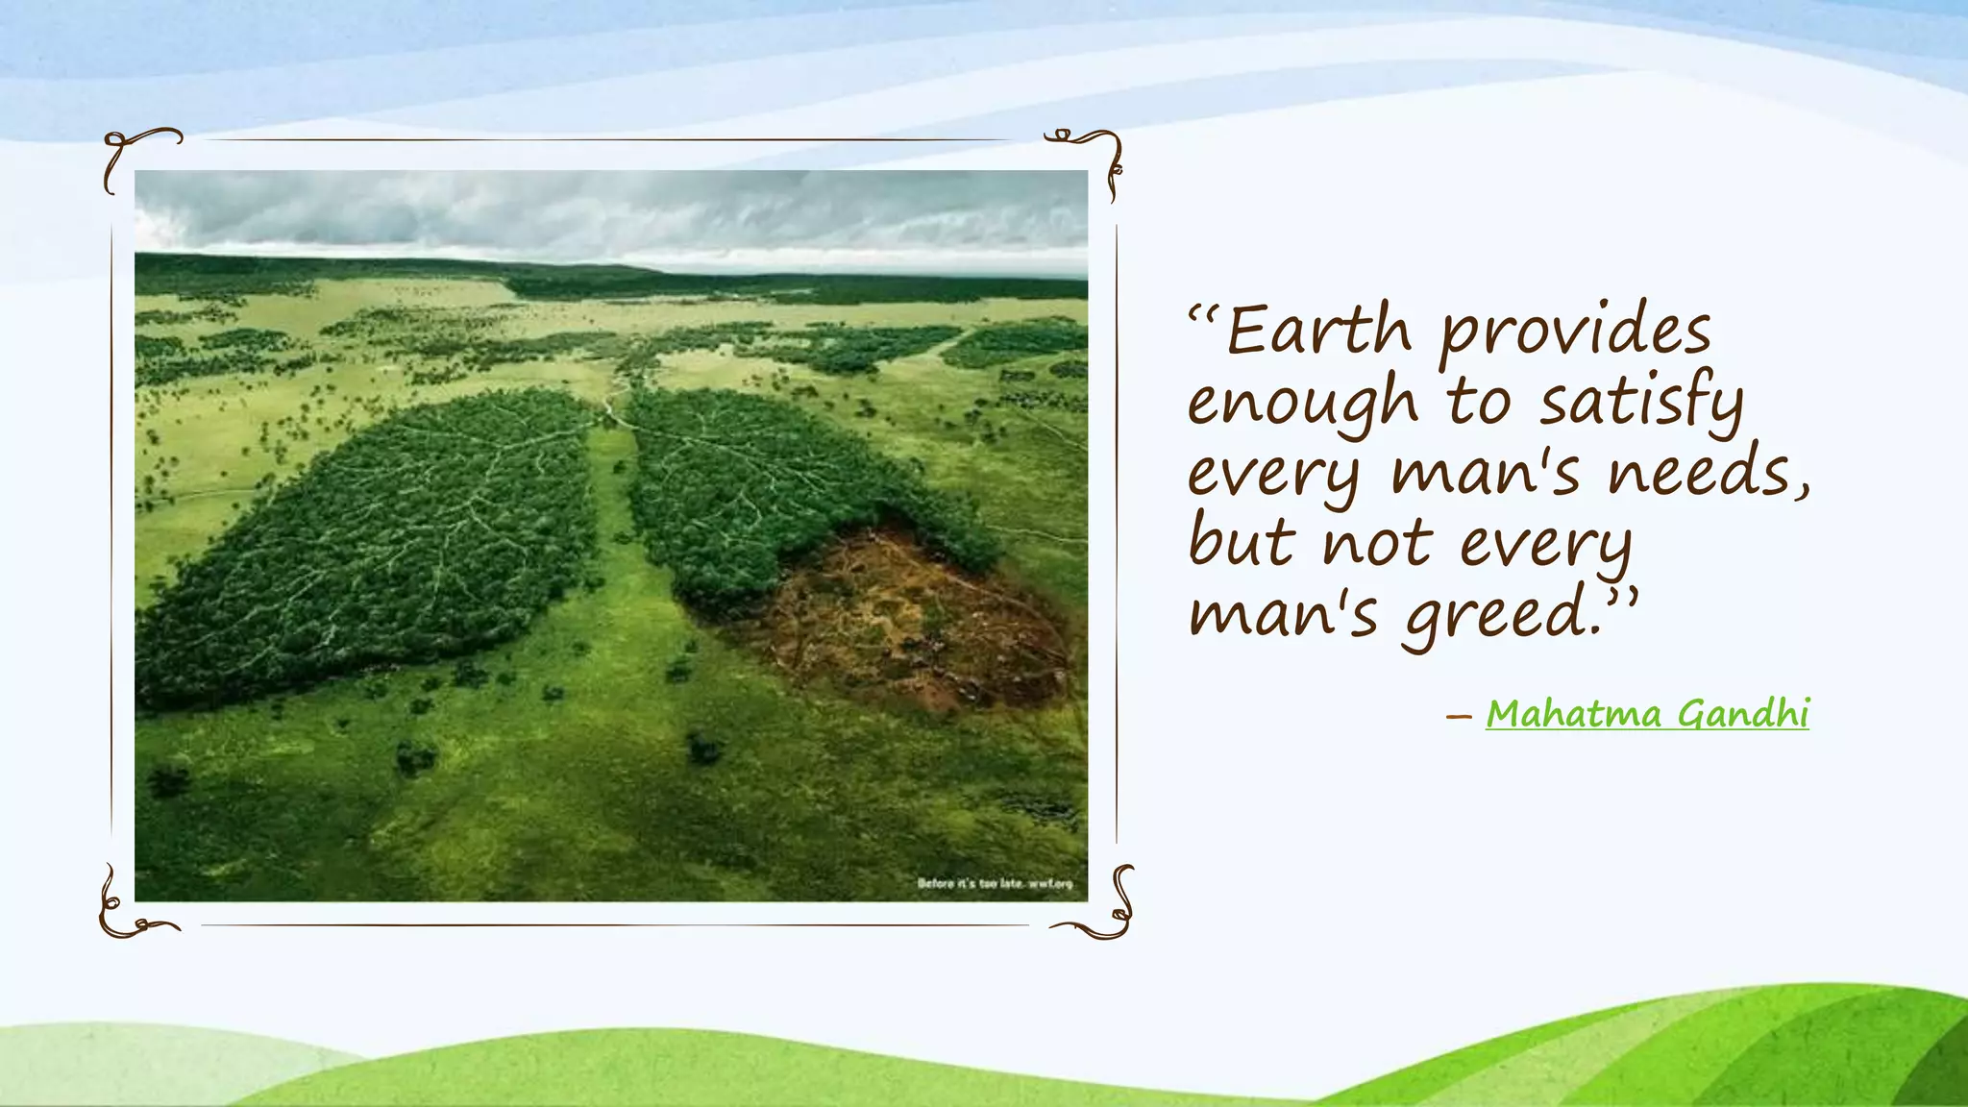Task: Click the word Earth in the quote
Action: [1318, 331]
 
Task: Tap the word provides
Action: [1576, 332]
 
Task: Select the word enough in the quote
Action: [1302, 404]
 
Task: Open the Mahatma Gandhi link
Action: [1647, 714]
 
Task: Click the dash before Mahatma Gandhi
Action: [1459, 716]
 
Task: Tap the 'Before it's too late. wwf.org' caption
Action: [994, 883]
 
